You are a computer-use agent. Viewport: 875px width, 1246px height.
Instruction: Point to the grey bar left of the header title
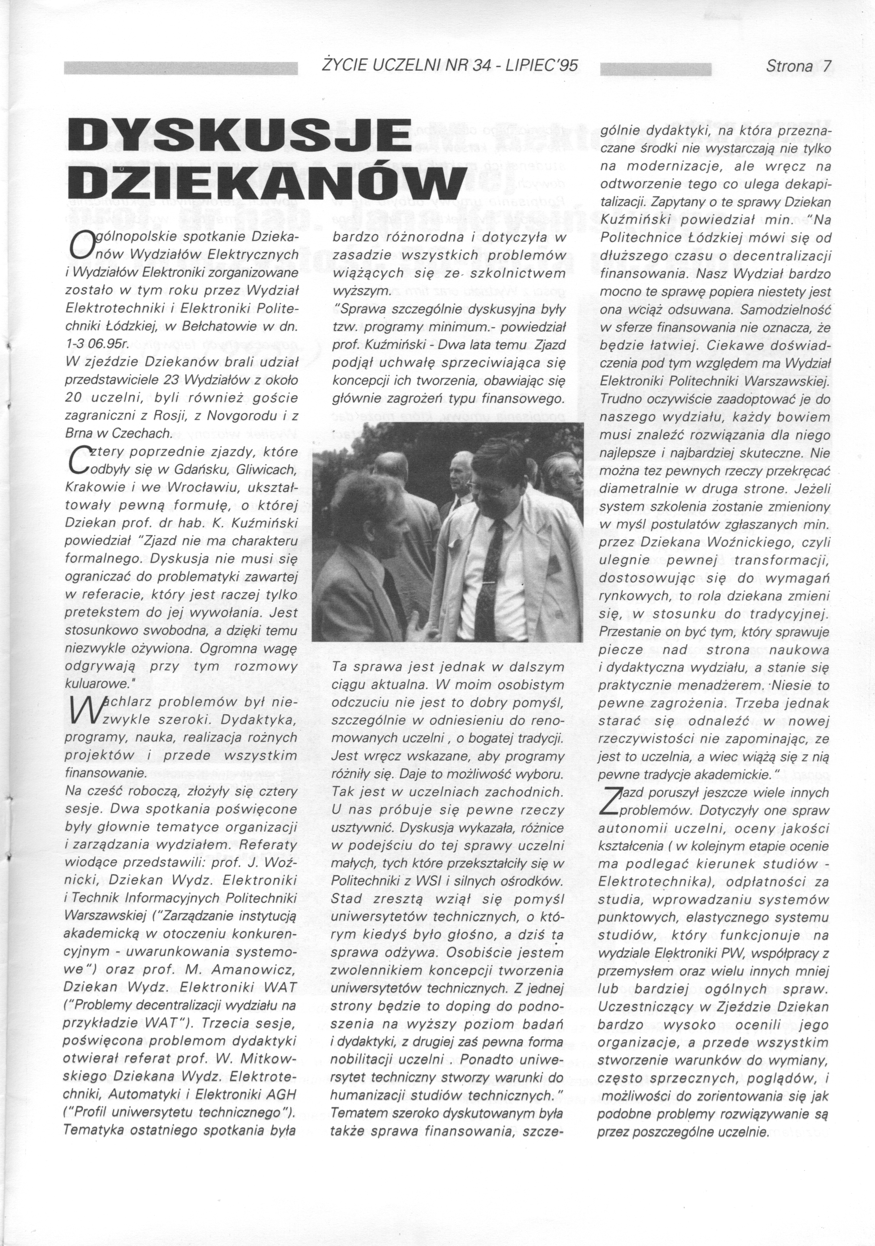(181, 68)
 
